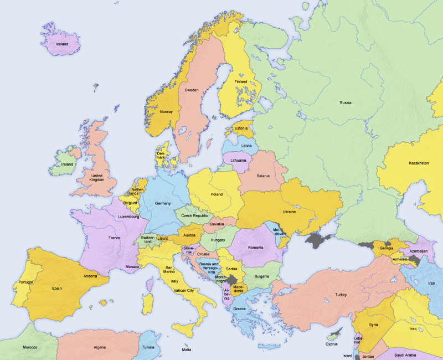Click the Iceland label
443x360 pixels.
61,44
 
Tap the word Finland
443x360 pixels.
240,82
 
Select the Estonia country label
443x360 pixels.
241,128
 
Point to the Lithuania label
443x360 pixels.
238,160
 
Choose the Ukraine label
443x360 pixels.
289,212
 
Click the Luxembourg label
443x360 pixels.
128,217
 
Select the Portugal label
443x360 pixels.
25,282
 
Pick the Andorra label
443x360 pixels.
90,276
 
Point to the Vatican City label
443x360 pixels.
183,290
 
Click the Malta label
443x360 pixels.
187,350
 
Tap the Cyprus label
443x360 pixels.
332,344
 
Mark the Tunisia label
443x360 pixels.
148,347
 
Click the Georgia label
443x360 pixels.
387,248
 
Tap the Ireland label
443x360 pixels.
67,164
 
